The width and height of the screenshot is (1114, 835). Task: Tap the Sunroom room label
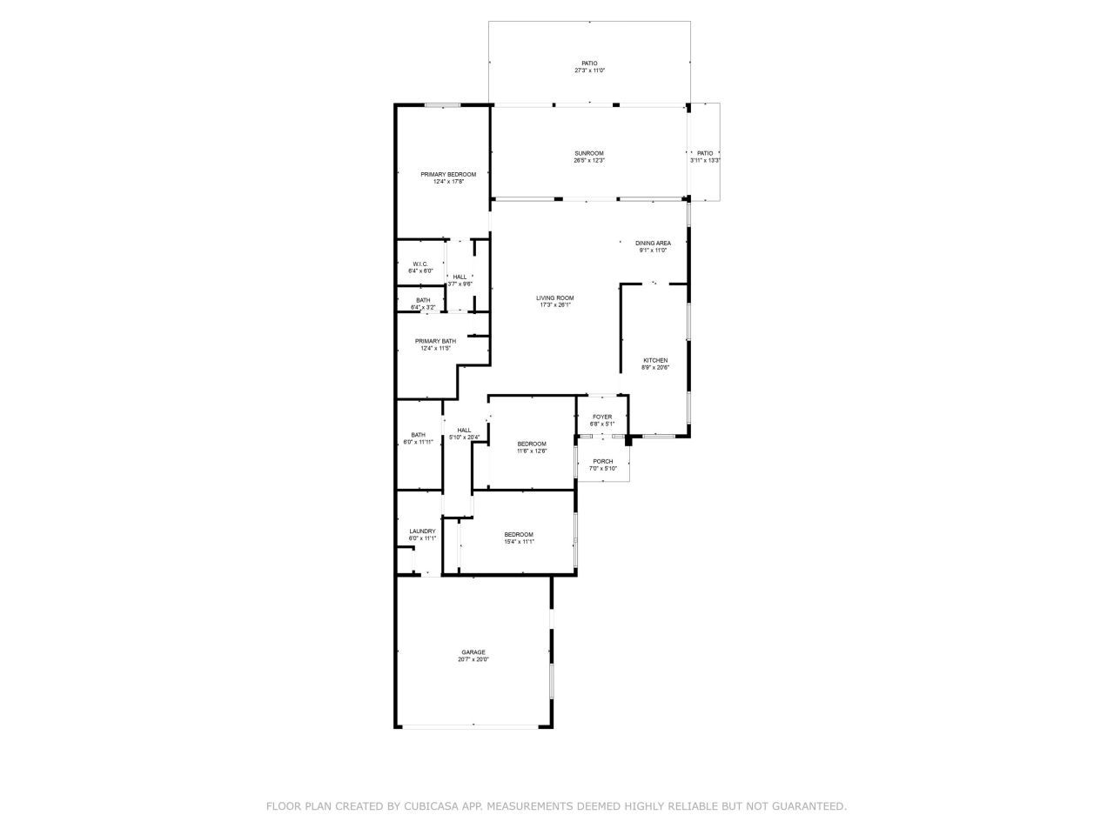coord(589,153)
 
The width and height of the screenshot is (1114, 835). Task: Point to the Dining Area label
coord(653,244)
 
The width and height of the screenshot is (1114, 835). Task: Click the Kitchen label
coord(655,360)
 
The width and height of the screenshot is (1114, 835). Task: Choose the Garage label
coord(473,652)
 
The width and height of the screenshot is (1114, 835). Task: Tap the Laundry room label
coord(422,531)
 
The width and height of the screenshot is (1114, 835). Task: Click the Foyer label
coord(602,417)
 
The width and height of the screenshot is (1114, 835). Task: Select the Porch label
coord(602,461)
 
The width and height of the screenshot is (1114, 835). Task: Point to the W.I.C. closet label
coord(420,264)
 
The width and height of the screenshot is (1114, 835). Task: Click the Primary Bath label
coord(435,341)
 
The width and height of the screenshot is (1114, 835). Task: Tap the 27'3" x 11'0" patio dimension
coord(589,70)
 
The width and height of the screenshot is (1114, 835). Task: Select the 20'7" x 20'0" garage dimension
coord(473,659)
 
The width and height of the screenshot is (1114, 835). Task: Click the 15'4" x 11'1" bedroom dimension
coord(519,542)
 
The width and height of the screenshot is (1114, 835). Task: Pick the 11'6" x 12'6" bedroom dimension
coord(532,451)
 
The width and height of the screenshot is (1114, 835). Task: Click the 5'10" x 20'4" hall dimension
coord(464,437)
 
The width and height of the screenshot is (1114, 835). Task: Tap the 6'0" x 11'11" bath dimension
coord(419,442)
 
